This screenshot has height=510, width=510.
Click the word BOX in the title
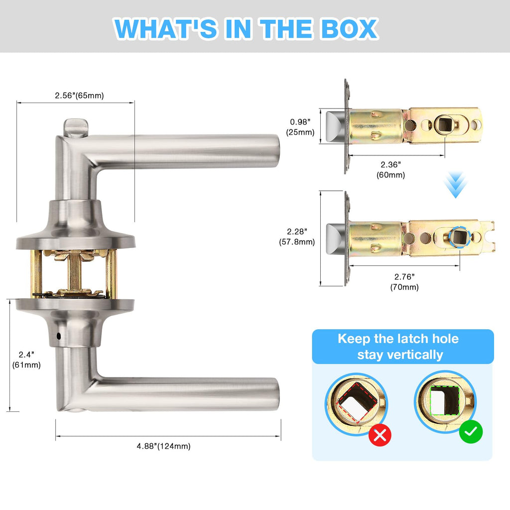349,28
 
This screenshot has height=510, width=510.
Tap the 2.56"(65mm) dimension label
79,96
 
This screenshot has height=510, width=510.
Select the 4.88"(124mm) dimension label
163,446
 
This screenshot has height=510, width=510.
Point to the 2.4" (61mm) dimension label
26,360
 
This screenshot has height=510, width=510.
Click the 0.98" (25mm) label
300,127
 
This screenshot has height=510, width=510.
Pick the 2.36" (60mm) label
390,170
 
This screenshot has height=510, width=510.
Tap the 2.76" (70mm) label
404,282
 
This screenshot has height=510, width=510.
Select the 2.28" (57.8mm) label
297,237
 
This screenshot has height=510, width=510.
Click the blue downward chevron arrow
455,185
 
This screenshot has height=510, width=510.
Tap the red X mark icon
380,435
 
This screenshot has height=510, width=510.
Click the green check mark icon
471,432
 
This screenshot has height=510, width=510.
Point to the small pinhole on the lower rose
59,336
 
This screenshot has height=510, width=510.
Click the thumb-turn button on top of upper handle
76,128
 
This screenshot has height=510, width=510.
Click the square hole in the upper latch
444,124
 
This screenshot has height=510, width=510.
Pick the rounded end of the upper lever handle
275,151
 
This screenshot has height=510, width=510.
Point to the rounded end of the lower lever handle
275,394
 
